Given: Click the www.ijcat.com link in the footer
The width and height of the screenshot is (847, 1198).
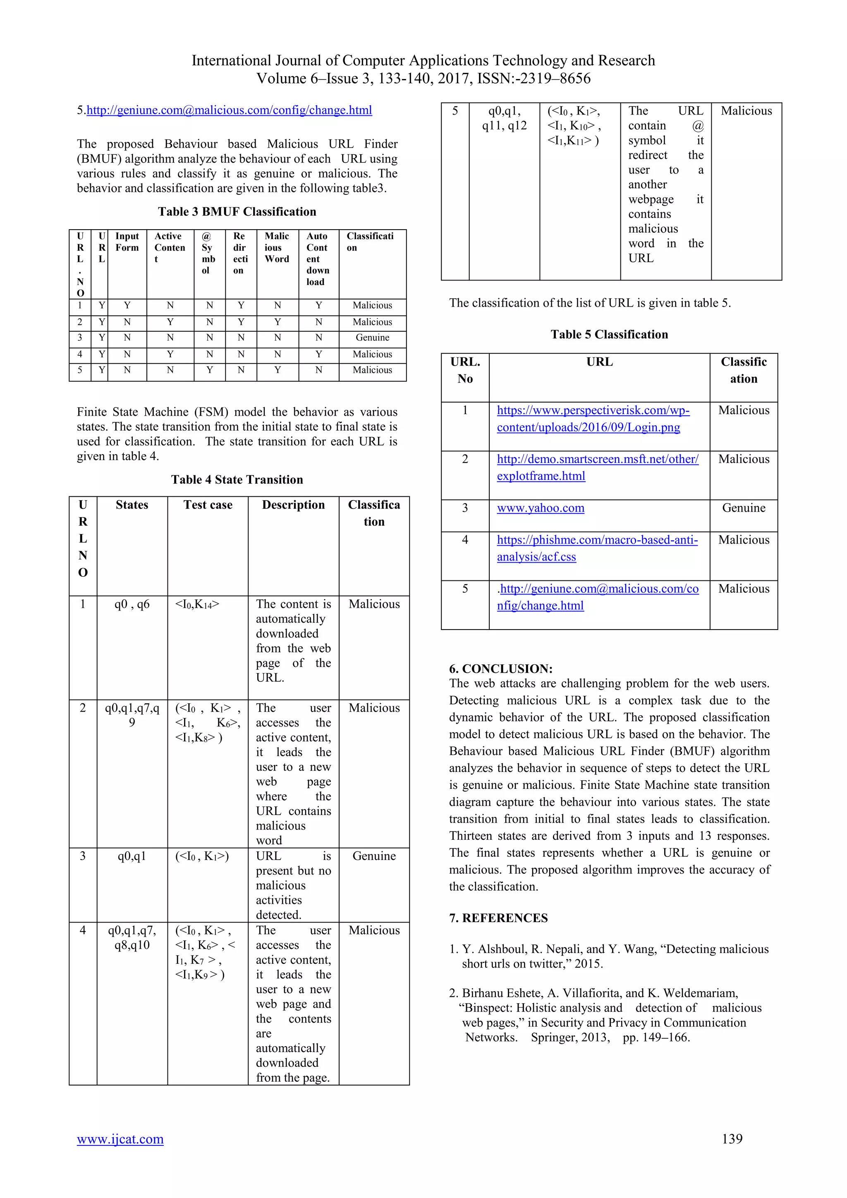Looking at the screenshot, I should (x=120, y=1138).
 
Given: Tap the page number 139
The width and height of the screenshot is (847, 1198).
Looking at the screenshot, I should (x=732, y=1138).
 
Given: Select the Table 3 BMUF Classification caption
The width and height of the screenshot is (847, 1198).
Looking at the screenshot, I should (x=237, y=211).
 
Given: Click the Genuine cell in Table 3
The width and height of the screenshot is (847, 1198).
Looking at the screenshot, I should (x=372, y=338).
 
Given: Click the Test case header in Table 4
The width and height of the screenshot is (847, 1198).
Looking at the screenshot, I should (x=208, y=505).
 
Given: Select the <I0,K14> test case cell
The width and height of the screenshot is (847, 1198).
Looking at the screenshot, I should (x=197, y=604).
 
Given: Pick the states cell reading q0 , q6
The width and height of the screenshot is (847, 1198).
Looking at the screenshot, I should (x=132, y=604).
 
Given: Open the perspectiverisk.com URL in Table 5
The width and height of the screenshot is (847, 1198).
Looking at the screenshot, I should (x=593, y=419).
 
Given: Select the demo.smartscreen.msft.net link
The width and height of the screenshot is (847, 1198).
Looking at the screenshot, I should (x=597, y=467).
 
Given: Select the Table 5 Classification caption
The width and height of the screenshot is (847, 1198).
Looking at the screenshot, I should (x=609, y=335).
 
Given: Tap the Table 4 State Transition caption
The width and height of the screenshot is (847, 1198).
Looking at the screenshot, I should (x=237, y=479).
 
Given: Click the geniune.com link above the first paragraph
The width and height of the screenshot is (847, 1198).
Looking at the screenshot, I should (x=229, y=110).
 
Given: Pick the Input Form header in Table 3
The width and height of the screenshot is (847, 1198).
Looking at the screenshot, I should (x=127, y=242).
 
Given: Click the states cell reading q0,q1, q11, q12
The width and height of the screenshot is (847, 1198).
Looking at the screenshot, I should (x=504, y=118).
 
